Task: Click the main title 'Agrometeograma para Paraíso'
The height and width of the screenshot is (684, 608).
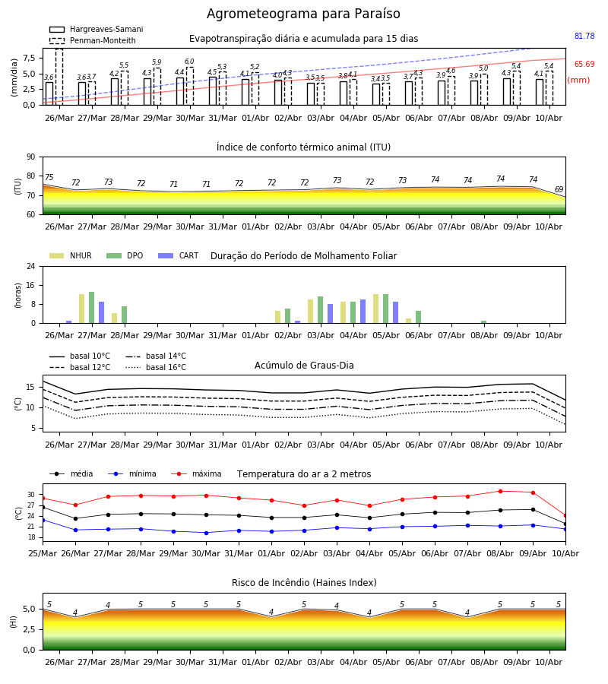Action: point(303,14)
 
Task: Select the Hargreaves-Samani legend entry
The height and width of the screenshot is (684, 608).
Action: point(96,29)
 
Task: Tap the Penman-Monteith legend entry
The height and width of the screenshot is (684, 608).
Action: point(93,40)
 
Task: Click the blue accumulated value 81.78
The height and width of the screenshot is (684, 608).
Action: point(584,36)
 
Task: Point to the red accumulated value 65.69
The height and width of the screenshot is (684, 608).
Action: point(584,64)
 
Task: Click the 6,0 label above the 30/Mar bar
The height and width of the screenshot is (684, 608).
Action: point(189,62)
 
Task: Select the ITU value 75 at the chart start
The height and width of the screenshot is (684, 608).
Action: point(49,177)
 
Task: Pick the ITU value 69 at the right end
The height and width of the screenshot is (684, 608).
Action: point(559,189)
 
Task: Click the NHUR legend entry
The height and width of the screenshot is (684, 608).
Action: point(71,255)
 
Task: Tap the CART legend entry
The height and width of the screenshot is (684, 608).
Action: point(179,255)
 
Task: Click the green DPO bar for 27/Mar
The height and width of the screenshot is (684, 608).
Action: point(92,308)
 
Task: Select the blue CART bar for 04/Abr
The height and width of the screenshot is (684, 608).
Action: point(363,312)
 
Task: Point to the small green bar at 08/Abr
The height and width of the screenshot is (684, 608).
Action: point(483,322)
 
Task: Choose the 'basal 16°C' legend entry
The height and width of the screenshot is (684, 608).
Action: point(156,367)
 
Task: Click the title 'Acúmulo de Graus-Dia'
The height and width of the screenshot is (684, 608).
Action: point(304,365)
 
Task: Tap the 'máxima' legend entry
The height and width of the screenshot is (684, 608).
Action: point(196,473)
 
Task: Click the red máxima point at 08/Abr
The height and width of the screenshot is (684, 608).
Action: point(500,491)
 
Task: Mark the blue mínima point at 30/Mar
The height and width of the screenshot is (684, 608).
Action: point(206,533)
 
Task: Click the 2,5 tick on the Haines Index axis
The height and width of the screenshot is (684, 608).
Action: point(29,629)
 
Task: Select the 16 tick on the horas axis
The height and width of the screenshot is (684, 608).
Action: point(31,285)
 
